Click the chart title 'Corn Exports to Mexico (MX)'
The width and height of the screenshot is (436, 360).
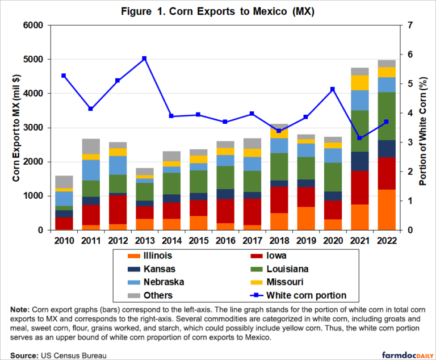tap(217, 11)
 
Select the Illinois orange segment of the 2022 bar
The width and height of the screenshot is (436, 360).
tap(386, 210)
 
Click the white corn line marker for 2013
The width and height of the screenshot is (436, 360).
tap(144, 58)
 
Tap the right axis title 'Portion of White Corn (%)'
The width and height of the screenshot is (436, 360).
tap(422, 128)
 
